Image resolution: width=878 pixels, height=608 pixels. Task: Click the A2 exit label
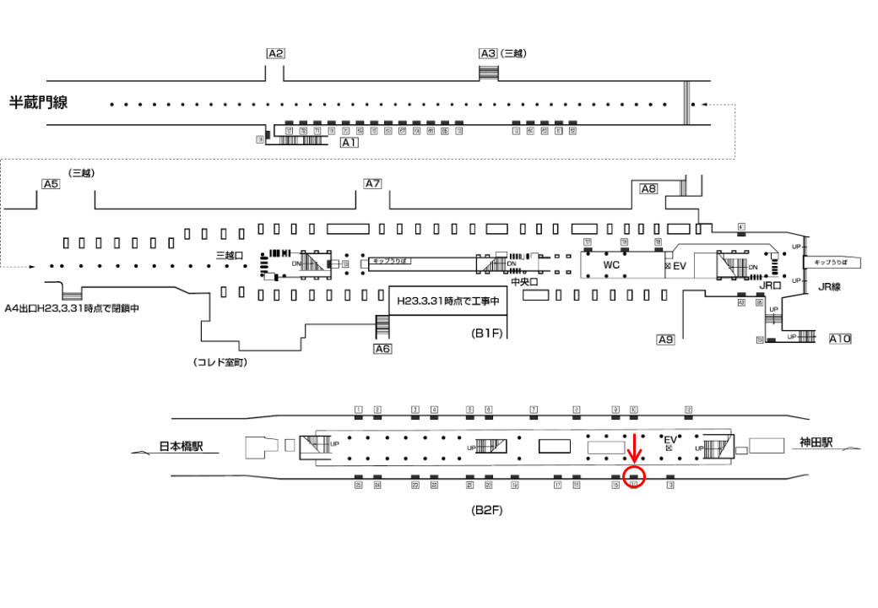tap(275, 53)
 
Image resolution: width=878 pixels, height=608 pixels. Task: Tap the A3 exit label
tap(488, 53)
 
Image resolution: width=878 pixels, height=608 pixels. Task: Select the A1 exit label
tap(350, 144)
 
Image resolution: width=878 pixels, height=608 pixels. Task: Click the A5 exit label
tap(51, 184)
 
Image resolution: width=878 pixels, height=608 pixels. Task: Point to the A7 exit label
tap(373, 184)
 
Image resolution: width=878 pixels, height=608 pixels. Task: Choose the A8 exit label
tap(648, 189)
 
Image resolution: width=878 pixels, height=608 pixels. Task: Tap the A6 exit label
tap(382, 348)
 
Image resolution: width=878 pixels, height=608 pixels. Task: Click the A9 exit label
tap(666, 339)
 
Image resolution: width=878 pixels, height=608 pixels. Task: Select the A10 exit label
tap(840, 339)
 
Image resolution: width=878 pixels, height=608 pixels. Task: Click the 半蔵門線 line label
tap(38, 103)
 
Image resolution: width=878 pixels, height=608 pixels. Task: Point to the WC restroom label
tap(611, 265)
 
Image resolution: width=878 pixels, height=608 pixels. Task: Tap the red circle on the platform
tap(634, 476)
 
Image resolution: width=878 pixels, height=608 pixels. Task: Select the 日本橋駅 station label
tap(188, 447)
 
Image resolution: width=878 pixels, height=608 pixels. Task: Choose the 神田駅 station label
tap(816, 442)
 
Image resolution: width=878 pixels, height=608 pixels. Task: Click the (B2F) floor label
tap(487, 510)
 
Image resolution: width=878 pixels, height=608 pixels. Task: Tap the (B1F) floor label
tap(487, 333)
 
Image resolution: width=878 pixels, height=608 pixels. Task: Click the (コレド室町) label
tap(220, 362)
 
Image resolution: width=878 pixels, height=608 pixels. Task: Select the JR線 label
tap(831, 287)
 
